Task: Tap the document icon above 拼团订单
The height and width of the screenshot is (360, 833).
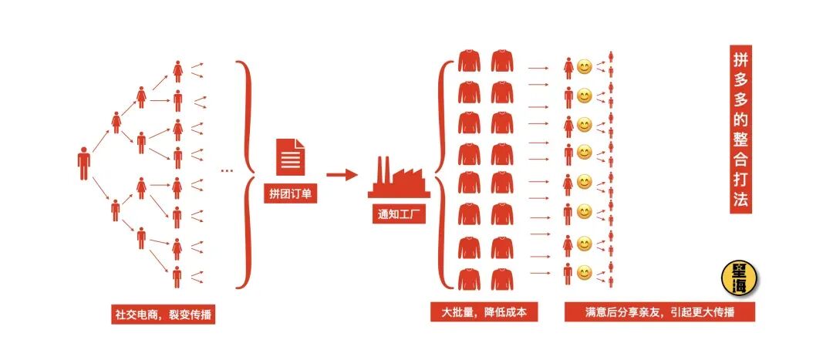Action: coord(289,155)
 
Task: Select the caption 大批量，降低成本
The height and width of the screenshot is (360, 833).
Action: coord(484,311)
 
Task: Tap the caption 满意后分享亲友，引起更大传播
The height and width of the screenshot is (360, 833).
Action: coord(659,311)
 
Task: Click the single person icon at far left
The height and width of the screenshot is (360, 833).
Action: coord(83,163)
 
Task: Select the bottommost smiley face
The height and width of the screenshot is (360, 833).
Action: coord(585,272)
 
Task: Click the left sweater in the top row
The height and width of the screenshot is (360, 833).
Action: coord(469,61)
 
